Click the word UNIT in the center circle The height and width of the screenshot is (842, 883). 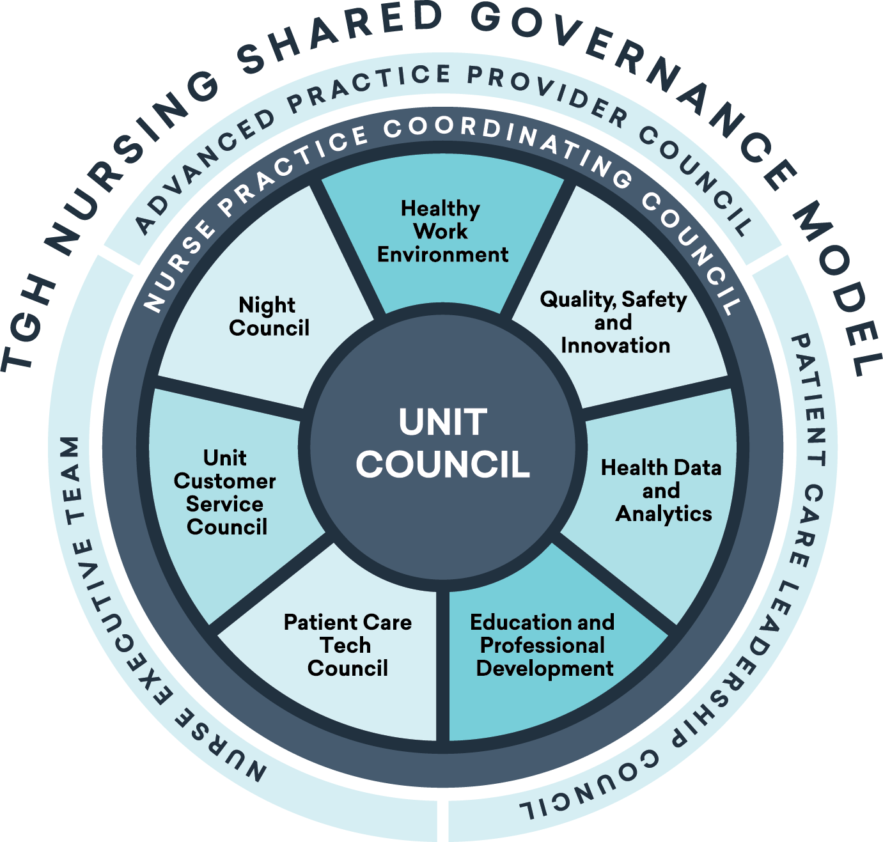point(442,423)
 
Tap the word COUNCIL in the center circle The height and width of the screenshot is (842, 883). point(442,465)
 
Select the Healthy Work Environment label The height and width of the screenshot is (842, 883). point(442,231)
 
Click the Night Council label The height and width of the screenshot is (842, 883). point(269,316)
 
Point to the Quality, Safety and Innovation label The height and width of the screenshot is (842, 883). point(614,322)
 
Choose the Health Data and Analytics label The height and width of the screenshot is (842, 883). point(662,490)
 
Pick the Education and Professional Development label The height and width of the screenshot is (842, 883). point(543,645)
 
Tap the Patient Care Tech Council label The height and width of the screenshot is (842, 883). point(347,645)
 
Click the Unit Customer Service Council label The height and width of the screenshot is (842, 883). point(225,492)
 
